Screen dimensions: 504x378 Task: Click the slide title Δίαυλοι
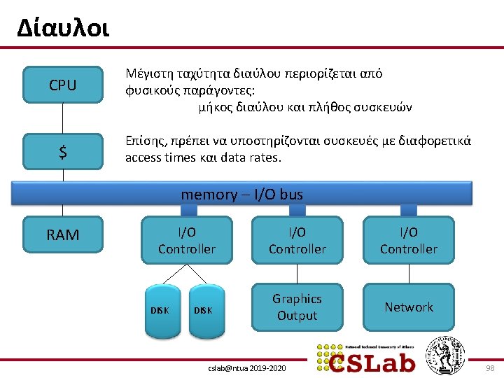pos(63,29)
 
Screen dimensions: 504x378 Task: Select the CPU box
pos(63,85)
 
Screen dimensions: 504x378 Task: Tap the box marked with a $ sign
pos(63,152)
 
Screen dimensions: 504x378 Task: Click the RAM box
pos(63,235)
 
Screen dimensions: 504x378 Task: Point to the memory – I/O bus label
pos(242,194)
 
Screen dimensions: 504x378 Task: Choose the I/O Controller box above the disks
pos(187,240)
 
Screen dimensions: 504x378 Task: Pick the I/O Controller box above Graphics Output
pos(297,240)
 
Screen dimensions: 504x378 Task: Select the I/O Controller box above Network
pos(409,240)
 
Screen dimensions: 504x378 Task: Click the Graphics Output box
pos(297,307)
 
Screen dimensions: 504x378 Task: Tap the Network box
pos(409,307)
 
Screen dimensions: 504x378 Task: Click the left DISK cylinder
pos(160,310)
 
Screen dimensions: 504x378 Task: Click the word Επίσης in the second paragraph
pos(143,141)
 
